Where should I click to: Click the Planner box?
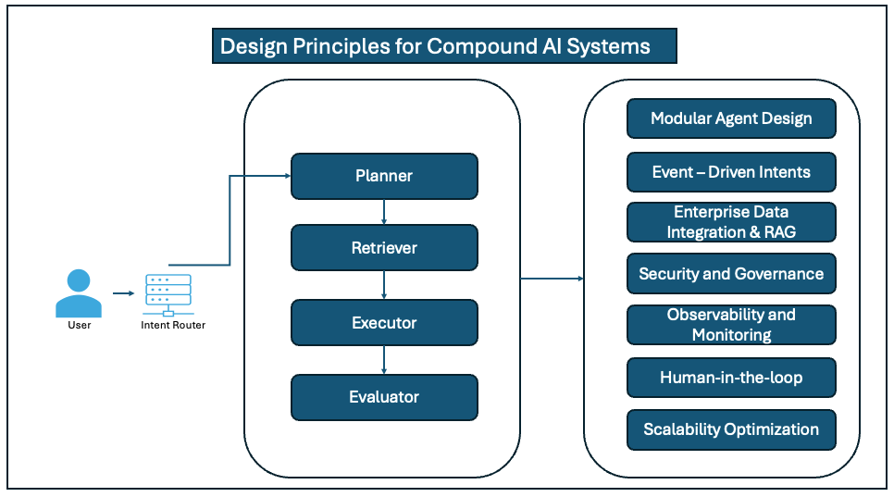coord(384,176)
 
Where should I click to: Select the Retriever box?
coord(384,248)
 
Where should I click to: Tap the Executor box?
coord(384,323)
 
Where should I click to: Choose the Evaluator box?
coord(384,397)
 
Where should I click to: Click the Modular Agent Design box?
coord(731,118)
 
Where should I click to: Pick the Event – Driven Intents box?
coord(731,172)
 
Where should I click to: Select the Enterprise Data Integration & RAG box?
coord(731,222)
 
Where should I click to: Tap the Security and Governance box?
coord(731,274)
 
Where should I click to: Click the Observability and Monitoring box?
coord(731,325)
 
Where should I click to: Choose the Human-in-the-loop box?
coord(731,378)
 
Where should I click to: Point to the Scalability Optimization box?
coord(731,429)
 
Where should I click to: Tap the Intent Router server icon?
coord(168,294)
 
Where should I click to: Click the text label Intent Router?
coord(173,325)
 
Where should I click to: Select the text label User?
coord(80,325)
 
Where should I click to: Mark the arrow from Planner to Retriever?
coord(384,212)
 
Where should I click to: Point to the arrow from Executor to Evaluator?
coord(384,360)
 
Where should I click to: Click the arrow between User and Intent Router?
coord(123,293)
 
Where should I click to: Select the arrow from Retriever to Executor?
coord(384,285)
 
